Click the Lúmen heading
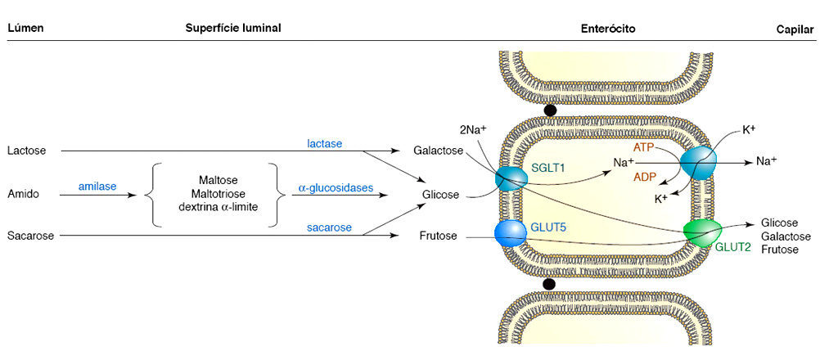(x=25, y=29)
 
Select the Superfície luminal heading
(x=233, y=28)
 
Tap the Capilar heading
(x=795, y=29)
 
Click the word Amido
(x=23, y=194)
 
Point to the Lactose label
(x=26, y=151)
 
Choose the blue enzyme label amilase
(x=97, y=187)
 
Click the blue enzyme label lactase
(x=324, y=143)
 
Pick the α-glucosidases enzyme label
(x=336, y=187)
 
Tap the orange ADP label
(x=645, y=176)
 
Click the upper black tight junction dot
(x=550, y=110)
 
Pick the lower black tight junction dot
(x=549, y=284)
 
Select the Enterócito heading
(x=609, y=29)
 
